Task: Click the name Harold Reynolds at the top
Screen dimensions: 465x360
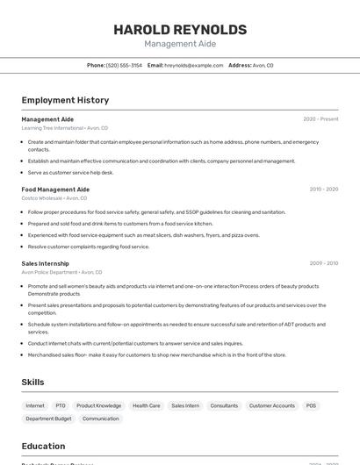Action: (x=180, y=29)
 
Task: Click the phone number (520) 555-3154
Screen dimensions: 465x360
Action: (x=124, y=65)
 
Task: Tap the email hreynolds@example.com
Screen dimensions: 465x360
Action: (x=193, y=65)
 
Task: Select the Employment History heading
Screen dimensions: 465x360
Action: (x=65, y=100)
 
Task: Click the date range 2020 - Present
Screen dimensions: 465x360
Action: (x=320, y=119)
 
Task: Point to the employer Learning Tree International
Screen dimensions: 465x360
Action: (x=52, y=128)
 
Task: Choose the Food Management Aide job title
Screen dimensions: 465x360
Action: (x=55, y=190)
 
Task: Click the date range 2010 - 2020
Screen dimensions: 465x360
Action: (x=323, y=190)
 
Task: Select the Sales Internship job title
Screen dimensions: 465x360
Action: (x=45, y=263)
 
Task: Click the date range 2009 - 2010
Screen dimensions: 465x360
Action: (x=323, y=263)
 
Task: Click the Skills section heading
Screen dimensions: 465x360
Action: (x=33, y=383)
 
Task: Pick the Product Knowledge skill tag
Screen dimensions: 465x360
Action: (x=98, y=406)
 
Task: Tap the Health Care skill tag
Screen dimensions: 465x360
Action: (x=147, y=406)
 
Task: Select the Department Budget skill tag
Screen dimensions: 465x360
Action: (x=48, y=418)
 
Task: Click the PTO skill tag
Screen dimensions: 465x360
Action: (x=61, y=406)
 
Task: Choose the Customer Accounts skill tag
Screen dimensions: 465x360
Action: (x=272, y=406)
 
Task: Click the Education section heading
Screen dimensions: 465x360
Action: (x=43, y=446)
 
